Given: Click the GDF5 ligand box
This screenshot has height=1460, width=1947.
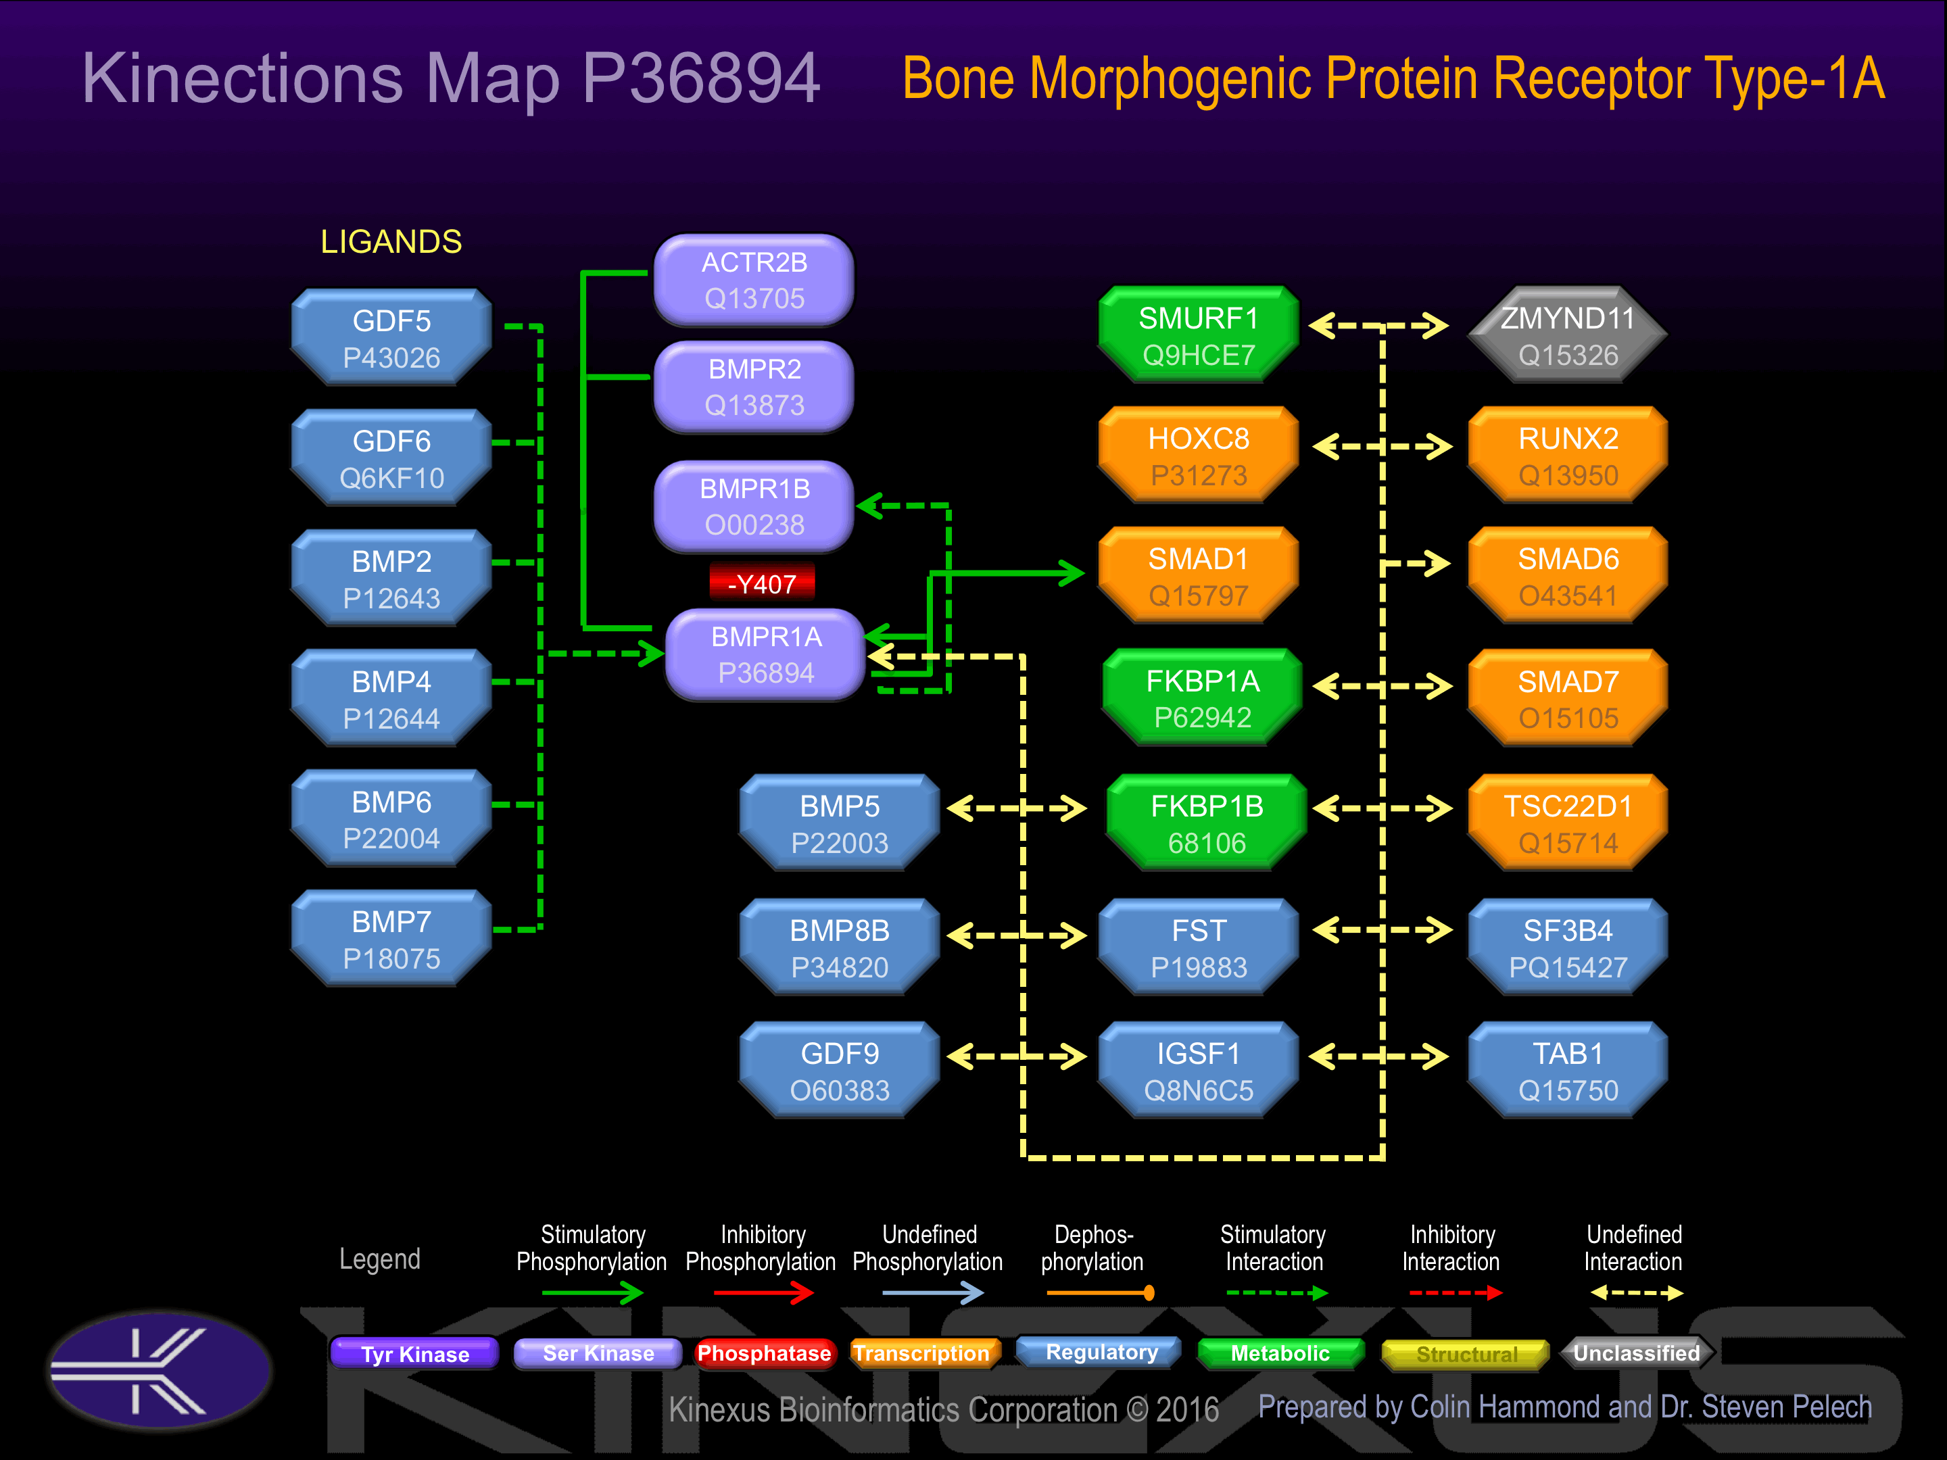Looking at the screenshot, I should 391,339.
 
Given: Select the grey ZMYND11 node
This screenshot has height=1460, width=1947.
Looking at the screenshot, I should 1568,335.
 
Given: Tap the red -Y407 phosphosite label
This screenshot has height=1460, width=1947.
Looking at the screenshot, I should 763,583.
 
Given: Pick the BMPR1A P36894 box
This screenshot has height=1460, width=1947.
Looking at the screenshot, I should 766,655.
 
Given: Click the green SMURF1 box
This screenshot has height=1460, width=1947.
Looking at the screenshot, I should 1198,335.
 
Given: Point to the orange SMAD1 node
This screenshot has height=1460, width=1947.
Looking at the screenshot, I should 1198,577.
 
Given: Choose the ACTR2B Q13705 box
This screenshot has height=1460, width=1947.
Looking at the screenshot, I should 754,280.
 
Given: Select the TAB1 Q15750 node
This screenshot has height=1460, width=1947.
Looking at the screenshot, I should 1568,1071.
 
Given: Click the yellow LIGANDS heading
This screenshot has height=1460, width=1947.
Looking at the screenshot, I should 391,242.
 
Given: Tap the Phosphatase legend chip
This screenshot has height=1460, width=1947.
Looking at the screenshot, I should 763,1353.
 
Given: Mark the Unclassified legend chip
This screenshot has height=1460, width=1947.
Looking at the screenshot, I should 1635,1353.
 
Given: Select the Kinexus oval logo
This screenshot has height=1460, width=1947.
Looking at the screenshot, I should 160,1369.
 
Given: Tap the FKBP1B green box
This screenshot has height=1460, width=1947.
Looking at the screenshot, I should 1207,824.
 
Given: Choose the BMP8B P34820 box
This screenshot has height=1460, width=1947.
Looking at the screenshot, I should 840,948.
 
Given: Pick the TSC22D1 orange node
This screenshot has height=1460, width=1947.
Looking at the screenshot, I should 1568,824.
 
